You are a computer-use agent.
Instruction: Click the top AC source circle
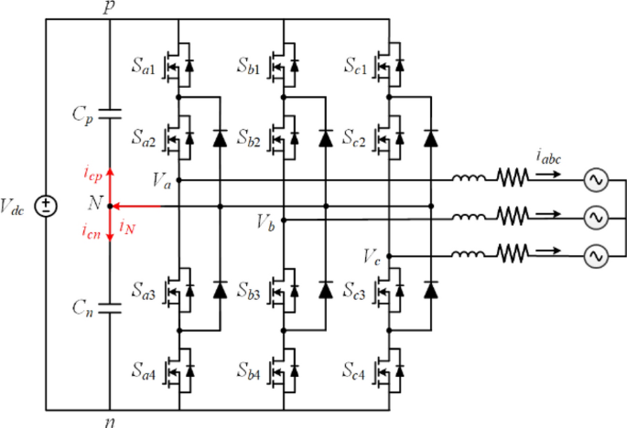(597, 181)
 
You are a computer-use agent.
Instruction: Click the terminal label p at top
(110, 7)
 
